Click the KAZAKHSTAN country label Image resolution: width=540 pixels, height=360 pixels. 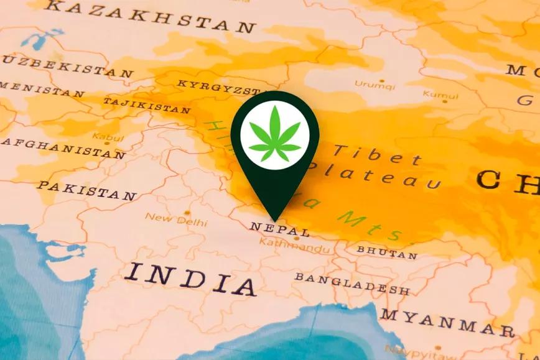(x=151, y=17)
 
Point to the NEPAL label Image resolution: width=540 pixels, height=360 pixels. (x=270, y=228)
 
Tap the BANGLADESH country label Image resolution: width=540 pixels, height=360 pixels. (x=351, y=284)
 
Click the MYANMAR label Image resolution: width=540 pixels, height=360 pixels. (x=447, y=323)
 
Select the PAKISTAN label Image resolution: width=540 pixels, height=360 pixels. (x=86, y=190)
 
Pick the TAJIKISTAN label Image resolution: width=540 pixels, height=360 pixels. (x=146, y=105)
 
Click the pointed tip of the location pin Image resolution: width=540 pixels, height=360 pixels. (x=274, y=220)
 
